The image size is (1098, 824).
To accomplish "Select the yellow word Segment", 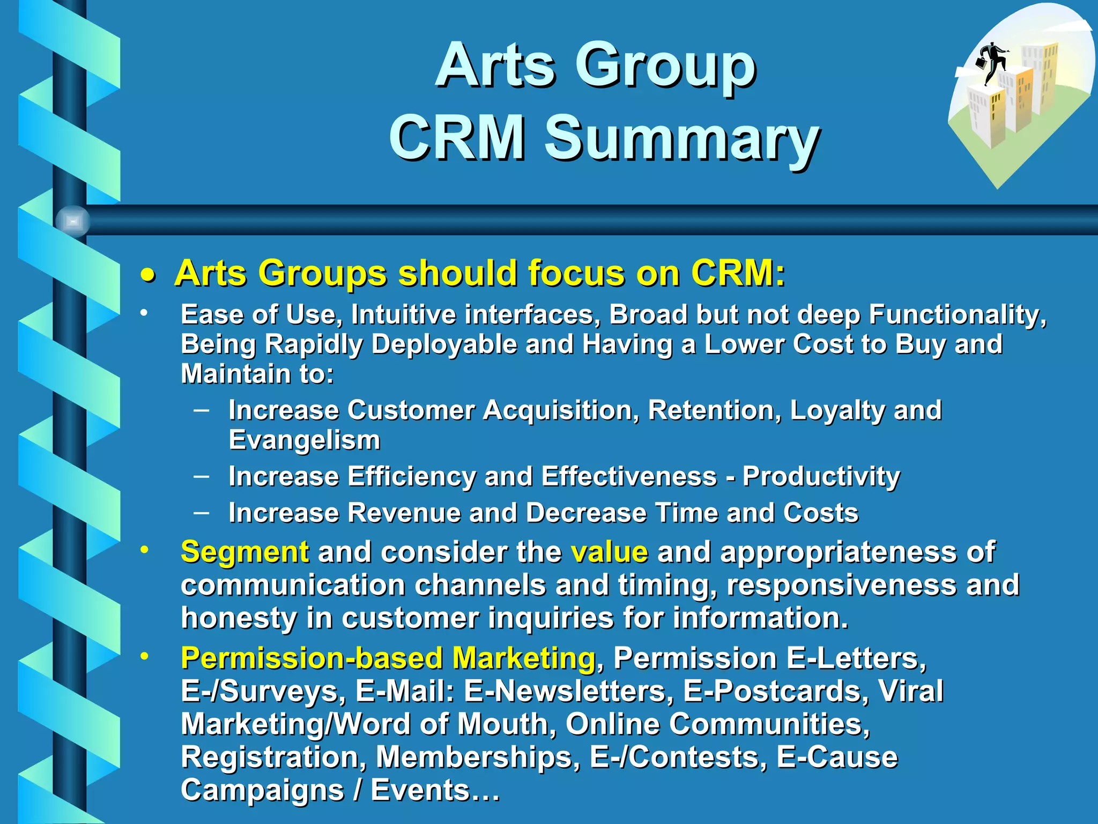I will tap(244, 552).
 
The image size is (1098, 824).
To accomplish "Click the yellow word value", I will tap(609, 552).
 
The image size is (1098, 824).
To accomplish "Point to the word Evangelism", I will tap(305, 440).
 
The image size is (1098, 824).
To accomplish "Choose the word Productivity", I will tap(821, 476).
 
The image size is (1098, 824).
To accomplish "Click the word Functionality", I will tap(957, 315).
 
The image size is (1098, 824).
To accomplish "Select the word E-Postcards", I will tap(775, 691).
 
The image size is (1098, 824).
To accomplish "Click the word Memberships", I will tap(478, 757).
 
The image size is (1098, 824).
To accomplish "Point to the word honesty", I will tap(239, 618).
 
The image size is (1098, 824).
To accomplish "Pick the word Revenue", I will tap(404, 513).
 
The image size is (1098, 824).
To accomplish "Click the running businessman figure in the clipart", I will tap(993, 63).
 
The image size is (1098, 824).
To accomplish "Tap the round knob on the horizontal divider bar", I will tap(73, 221).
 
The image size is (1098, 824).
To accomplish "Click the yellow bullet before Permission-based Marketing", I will tap(144, 656).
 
